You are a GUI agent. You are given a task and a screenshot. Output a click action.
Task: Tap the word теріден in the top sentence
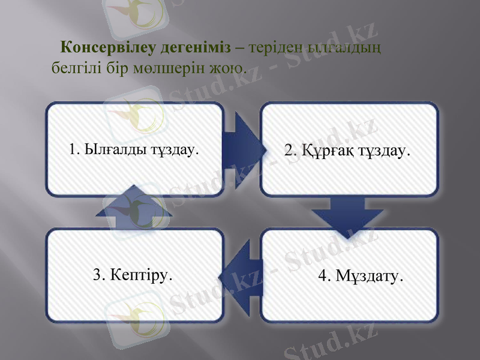[x=274, y=46]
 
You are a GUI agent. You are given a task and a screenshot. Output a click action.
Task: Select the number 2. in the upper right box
[x=291, y=151]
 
